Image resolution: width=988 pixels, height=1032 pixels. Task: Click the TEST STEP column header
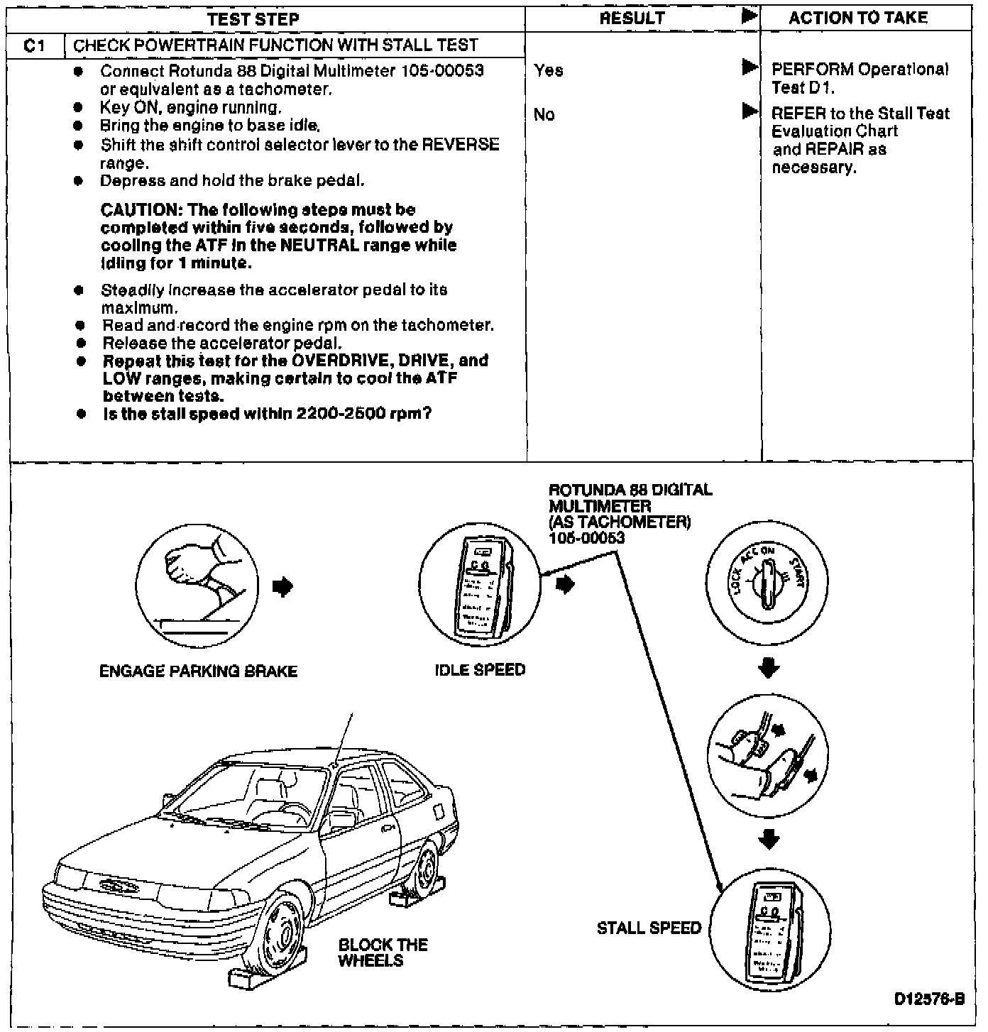tap(253, 18)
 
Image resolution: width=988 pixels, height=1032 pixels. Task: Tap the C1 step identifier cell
tap(34, 46)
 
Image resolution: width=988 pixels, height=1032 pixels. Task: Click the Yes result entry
tap(549, 70)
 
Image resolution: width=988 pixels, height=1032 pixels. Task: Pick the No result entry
tap(544, 115)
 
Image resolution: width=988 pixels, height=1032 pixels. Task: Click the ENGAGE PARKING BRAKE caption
tap(198, 671)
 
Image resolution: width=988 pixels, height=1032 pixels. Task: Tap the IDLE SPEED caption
tap(480, 670)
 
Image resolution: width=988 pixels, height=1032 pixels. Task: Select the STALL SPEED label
tap(649, 928)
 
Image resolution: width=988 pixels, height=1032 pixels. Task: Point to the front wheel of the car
tap(282, 931)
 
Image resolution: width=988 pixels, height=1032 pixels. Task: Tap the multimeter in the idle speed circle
tap(480, 587)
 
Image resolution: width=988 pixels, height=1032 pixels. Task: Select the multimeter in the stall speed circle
tap(769, 930)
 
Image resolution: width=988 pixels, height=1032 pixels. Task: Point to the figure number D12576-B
tap(929, 999)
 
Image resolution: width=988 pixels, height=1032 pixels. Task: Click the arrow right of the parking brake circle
tap(282, 587)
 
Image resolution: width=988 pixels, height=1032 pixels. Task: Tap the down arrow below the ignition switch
tap(769, 669)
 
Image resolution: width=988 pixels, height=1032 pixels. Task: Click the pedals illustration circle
tap(768, 754)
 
